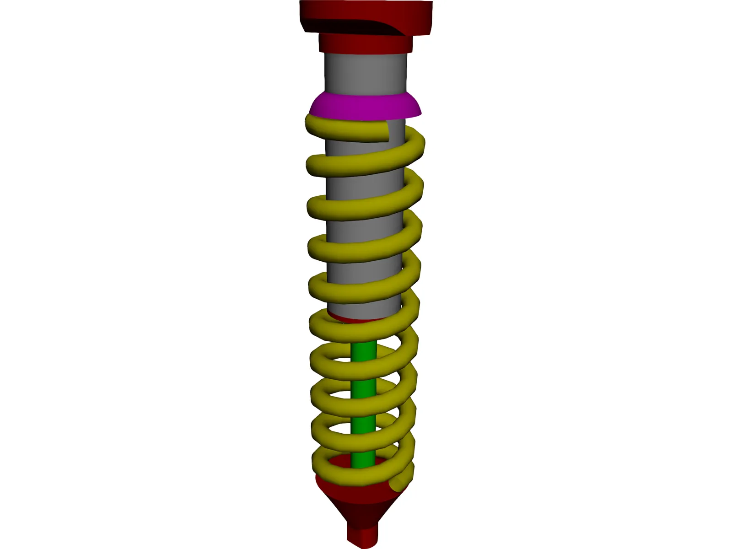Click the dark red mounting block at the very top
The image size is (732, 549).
pyautogui.click(x=366, y=16)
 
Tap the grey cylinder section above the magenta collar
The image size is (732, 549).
pyautogui.click(x=365, y=73)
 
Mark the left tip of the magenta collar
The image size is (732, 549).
pyautogui.click(x=311, y=111)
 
